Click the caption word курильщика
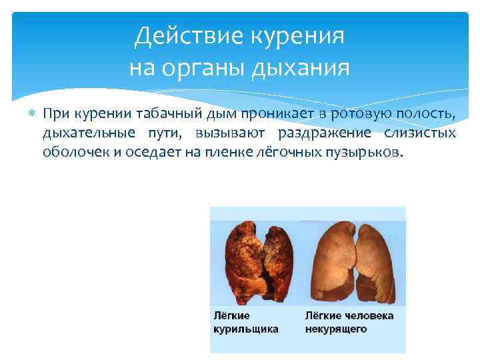[246, 329]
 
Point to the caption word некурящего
[337, 329]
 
